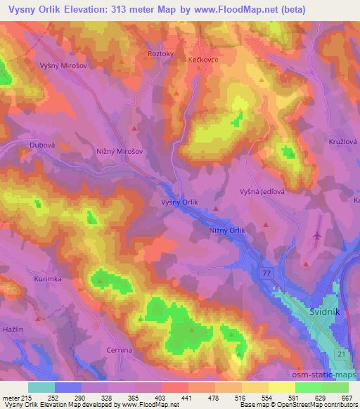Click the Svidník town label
pos(325,310)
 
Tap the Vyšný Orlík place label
pos(180,202)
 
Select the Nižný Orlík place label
pos(227,230)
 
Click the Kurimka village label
pos(48,279)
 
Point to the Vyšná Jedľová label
pos(262,191)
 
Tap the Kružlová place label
pos(343,141)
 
